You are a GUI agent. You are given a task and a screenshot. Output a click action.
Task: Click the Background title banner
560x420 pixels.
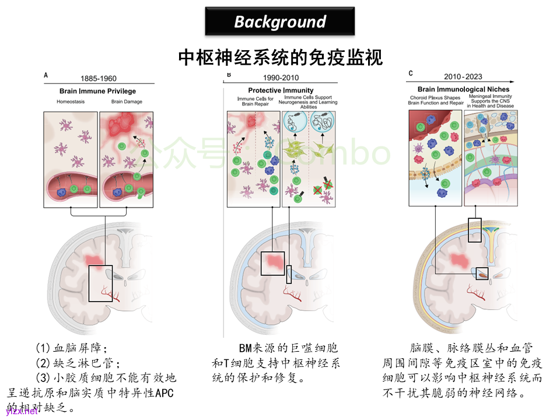point(280,22)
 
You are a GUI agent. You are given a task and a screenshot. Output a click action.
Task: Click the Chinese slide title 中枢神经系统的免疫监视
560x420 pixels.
point(280,57)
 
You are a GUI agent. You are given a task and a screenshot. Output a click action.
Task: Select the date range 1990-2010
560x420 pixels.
point(281,78)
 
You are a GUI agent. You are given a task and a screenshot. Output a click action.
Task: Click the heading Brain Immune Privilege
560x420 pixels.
point(97,91)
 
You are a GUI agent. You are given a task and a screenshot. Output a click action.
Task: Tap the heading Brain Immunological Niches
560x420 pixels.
point(463,89)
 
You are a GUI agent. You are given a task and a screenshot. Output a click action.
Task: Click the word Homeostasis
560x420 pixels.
point(71,102)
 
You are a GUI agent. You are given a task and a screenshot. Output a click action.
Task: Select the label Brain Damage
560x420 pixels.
point(127,102)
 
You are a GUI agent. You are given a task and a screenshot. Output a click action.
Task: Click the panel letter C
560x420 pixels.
point(411,73)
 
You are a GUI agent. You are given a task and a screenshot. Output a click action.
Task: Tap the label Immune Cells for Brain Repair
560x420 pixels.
point(254,101)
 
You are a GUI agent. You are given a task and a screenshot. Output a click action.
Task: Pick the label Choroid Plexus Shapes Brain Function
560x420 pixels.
point(435,100)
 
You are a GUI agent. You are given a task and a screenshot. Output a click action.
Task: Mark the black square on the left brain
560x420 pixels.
point(100,283)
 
